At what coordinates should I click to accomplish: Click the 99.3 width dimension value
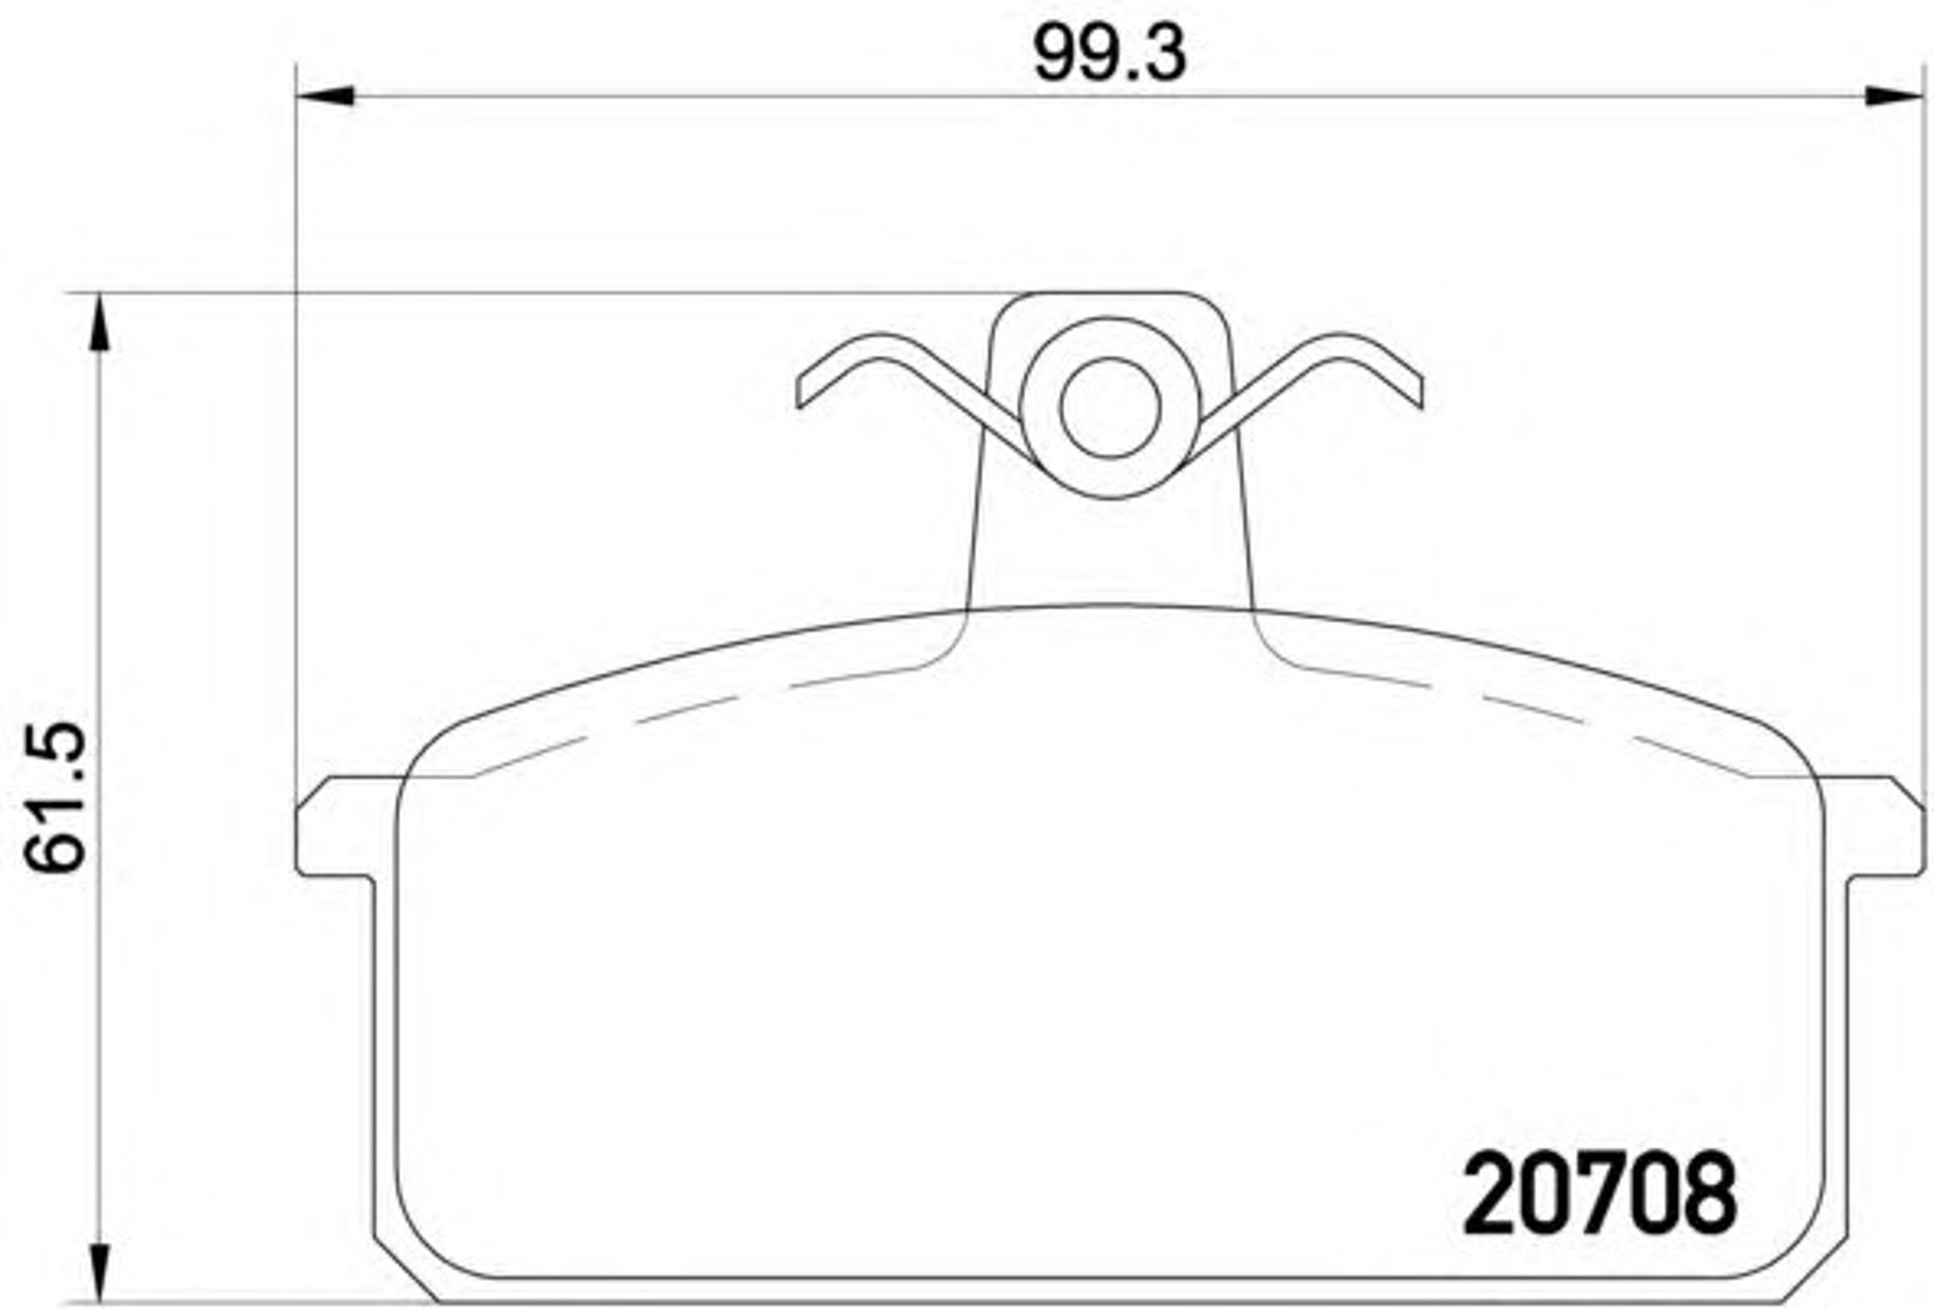tap(1109, 54)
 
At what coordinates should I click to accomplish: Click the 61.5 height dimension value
tap(55, 796)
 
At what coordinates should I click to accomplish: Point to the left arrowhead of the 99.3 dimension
tap(326, 96)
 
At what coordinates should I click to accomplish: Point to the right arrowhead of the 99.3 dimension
tap(1895, 96)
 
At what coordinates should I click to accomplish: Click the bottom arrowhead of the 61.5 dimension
tap(100, 1271)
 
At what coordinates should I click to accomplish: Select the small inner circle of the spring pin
tap(1110, 407)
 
